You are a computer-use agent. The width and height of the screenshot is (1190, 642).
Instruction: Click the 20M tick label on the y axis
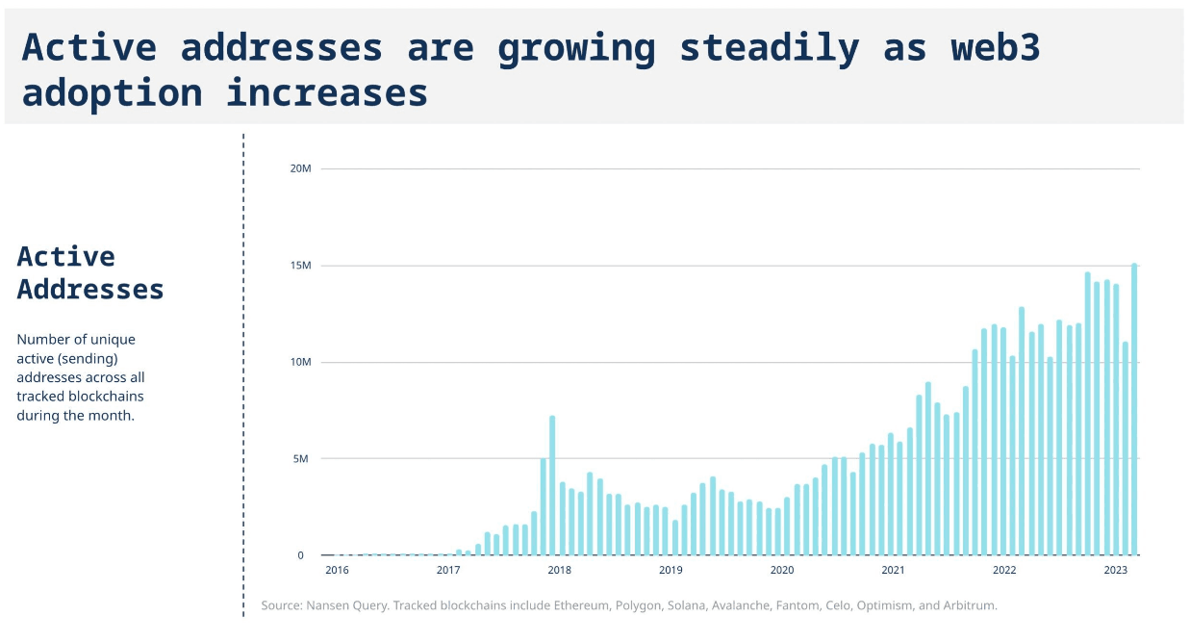tap(300, 168)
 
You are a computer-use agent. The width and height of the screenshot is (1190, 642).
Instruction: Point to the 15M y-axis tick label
tap(300, 266)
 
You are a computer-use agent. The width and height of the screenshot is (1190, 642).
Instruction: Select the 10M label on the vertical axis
tap(300, 362)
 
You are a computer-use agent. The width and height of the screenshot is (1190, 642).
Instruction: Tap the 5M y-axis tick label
tap(300, 459)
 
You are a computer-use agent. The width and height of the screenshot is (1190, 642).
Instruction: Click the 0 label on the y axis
tap(300, 555)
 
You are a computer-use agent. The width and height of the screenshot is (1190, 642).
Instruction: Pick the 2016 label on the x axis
tap(337, 571)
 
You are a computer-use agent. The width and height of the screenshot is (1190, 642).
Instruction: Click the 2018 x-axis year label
tap(559, 571)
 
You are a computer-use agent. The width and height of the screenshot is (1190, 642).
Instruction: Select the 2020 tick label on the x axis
tap(782, 571)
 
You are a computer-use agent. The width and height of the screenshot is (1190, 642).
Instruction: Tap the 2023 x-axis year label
tap(1115, 571)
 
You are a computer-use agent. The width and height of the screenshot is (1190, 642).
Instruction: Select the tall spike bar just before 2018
tap(552, 485)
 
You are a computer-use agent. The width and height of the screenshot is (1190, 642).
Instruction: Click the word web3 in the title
tap(995, 47)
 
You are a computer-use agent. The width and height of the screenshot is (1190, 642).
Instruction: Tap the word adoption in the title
tap(112, 93)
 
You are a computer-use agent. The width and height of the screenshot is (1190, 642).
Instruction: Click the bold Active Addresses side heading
tap(90, 272)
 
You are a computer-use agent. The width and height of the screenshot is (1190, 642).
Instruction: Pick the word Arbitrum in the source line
tap(966, 606)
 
